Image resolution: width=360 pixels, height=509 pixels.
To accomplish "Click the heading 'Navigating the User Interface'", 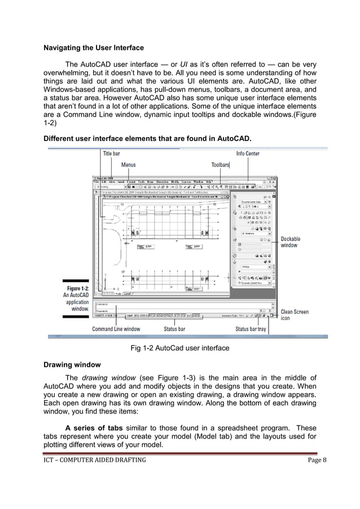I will (94, 47).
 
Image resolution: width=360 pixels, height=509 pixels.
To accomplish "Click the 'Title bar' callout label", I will (111, 153).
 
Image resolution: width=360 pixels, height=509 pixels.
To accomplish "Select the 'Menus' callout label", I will (129, 165).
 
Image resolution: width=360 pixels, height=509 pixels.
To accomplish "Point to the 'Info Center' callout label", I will (248, 153).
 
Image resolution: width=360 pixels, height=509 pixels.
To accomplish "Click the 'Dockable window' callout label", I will (291, 242).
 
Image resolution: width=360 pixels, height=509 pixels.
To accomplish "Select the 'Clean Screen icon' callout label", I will (295, 315).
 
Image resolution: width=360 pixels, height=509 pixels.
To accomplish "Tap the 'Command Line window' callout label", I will (116, 329).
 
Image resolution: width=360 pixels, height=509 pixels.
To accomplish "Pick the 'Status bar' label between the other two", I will (174, 329).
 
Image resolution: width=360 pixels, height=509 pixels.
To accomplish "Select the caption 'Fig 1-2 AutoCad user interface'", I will (180, 348).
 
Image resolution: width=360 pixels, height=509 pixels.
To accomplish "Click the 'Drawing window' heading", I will (71, 365).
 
